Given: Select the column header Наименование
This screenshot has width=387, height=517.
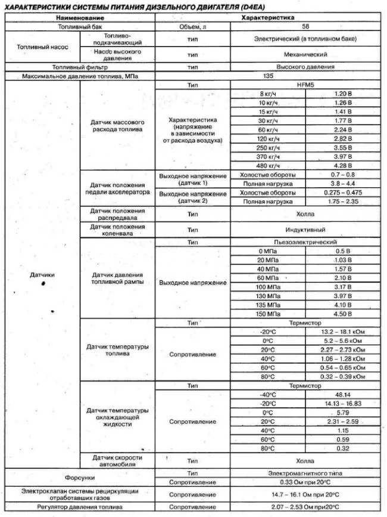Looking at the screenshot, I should tap(79, 18).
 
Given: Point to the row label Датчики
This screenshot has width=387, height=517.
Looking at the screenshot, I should tap(42, 275).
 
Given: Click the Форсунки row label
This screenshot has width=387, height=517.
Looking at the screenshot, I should tap(79, 477).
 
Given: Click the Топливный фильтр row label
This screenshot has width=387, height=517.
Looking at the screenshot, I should tap(79, 67).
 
